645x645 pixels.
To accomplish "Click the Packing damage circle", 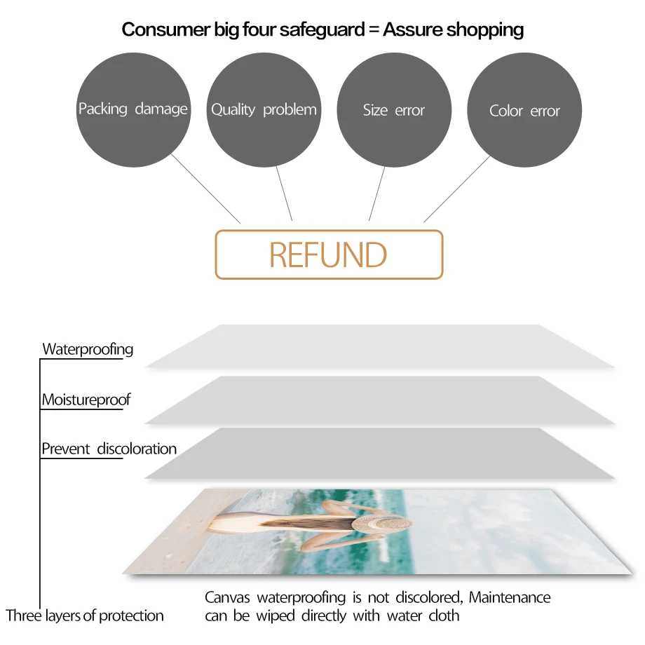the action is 133,109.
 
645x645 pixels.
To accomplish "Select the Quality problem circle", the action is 264,109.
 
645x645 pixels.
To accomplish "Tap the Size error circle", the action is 394,110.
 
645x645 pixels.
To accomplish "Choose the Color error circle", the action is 524,111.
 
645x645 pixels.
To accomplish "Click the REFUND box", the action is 329,254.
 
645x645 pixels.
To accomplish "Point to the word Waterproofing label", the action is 88,349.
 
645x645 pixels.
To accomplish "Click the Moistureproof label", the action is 86,400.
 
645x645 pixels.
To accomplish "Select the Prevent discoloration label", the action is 109,449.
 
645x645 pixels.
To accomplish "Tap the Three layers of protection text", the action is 85,616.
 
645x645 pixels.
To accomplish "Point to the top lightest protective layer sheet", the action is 379,346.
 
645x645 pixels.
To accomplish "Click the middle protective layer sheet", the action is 379,400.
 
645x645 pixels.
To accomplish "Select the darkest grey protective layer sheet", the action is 379,454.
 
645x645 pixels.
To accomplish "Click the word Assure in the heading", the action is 414,29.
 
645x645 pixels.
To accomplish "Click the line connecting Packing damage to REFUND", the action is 205,187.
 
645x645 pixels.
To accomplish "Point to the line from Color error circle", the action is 457,189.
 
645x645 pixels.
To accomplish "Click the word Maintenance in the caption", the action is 510,597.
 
